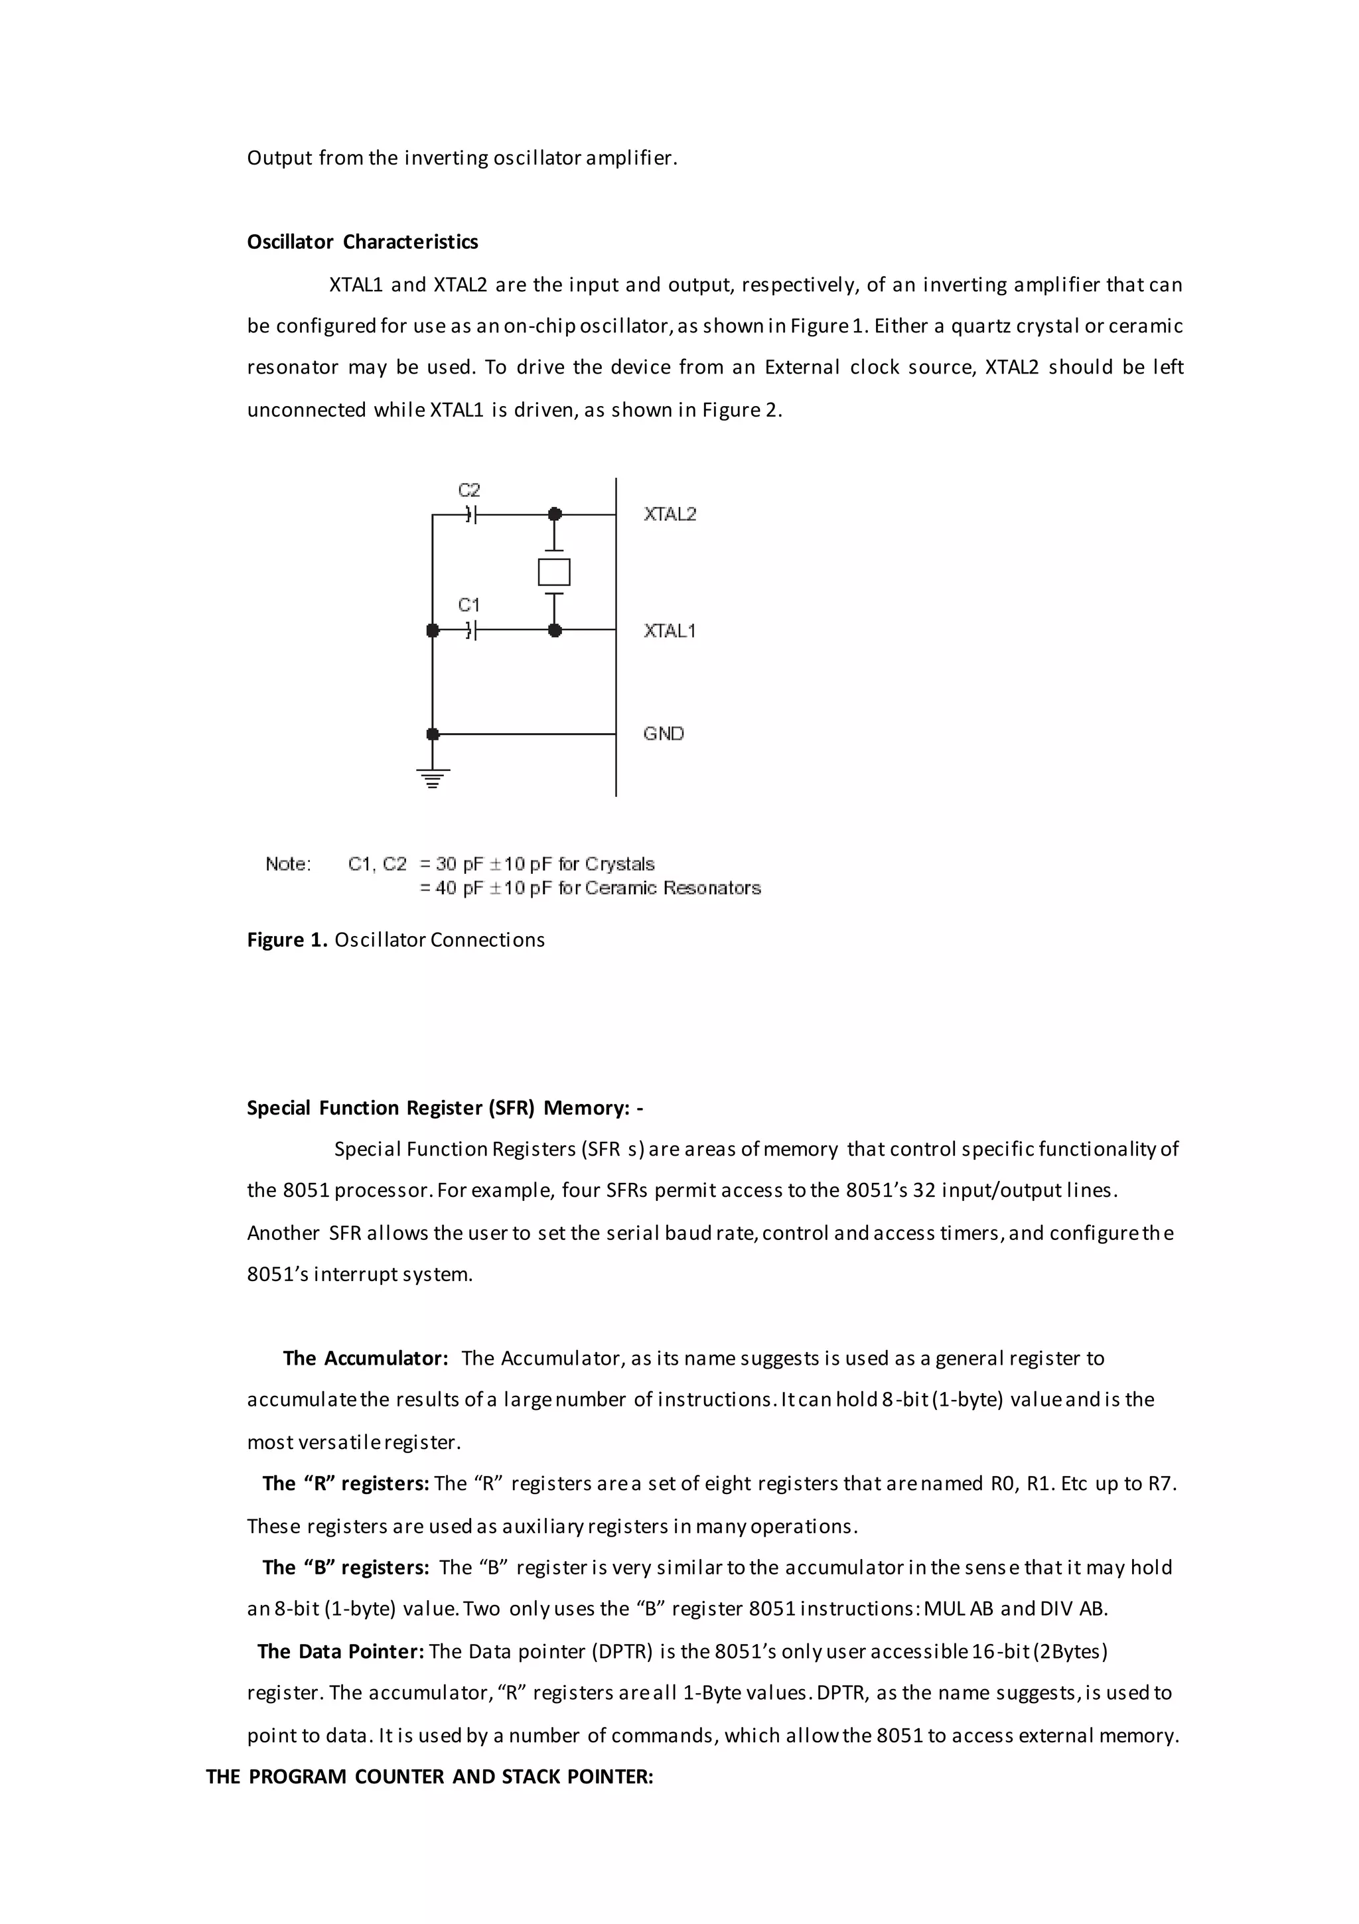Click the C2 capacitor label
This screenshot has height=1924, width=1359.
(x=468, y=490)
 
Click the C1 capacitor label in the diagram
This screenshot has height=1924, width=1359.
(x=468, y=605)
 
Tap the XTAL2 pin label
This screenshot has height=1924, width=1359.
(x=670, y=515)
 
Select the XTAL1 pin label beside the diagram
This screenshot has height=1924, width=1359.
(x=669, y=631)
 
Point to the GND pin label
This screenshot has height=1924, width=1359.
(x=663, y=734)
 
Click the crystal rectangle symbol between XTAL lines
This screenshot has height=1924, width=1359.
(x=554, y=573)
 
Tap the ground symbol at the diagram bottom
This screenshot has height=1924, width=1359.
(x=433, y=780)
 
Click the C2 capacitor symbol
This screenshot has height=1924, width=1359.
(x=471, y=515)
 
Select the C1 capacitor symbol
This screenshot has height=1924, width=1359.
(x=471, y=630)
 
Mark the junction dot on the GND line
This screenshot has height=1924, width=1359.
(x=433, y=734)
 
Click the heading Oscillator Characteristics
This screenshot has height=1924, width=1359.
(x=362, y=242)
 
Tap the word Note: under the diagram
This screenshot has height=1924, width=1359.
(x=287, y=864)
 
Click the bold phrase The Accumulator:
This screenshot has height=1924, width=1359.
(x=366, y=1358)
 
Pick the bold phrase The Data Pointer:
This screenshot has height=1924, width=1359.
(x=340, y=1652)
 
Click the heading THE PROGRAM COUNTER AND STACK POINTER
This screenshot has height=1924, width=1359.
(x=429, y=1777)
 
